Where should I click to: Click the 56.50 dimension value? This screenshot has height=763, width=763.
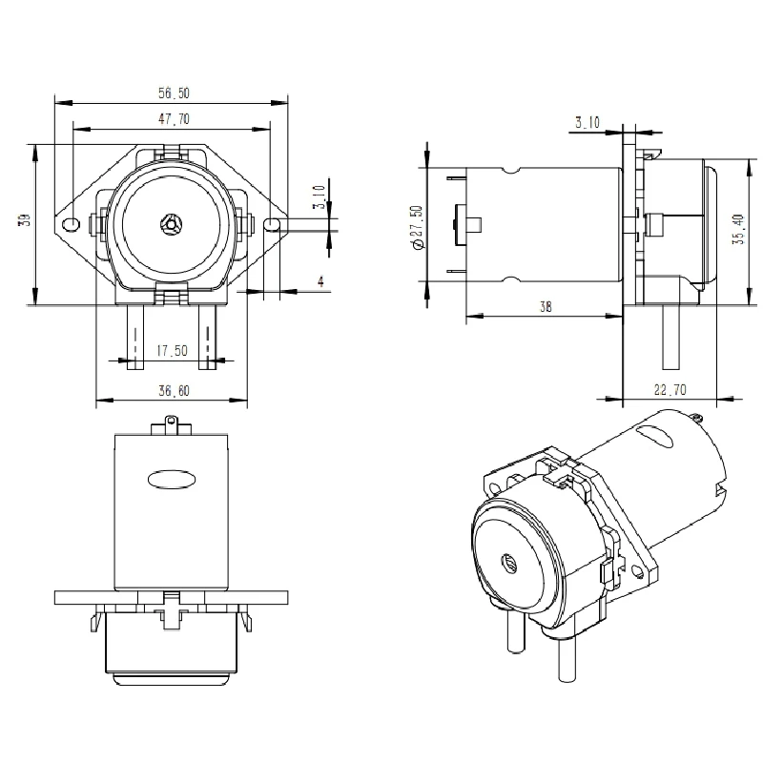pyautogui.click(x=175, y=93)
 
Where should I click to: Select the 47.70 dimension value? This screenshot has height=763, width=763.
pyautogui.click(x=173, y=119)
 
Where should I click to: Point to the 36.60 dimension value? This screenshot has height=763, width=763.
pyautogui.click(x=172, y=391)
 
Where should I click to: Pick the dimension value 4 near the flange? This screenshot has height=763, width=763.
pyautogui.click(x=320, y=281)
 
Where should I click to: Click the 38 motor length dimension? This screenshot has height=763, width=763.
pyautogui.click(x=544, y=307)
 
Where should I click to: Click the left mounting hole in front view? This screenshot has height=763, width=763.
pyautogui.click(x=70, y=224)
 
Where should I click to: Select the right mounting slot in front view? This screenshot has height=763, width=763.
pyautogui.click(x=272, y=224)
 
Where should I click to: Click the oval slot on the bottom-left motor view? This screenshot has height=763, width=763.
pyautogui.click(x=171, y=478)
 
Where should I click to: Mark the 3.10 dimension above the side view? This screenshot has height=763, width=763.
pyautogui.click(x=588, y=122)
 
